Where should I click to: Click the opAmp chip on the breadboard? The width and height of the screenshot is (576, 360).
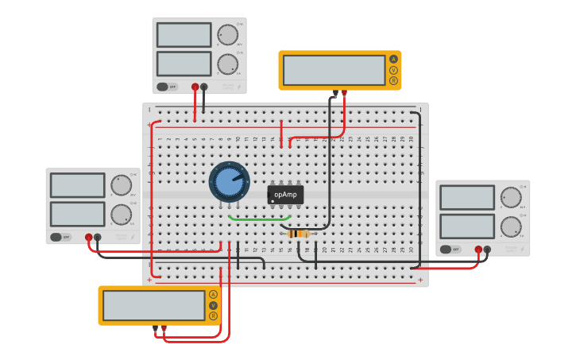tap(285, 194)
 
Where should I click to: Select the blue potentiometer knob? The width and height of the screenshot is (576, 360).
tap(229, 181)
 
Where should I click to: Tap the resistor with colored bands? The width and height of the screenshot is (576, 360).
tap(297, 234)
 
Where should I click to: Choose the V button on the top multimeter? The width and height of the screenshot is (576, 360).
tap(392, 70)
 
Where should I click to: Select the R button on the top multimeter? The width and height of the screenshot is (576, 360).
tap(392, 80)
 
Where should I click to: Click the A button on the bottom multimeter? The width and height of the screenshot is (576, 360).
tap(213, 294)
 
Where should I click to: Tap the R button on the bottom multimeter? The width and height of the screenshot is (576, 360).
tap(213, 315)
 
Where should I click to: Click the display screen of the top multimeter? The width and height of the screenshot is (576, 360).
tap(334, 70)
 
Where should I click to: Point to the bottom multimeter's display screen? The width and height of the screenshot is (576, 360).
tap(154, 305)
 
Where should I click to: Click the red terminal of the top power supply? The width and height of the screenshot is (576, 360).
tap(195, 87)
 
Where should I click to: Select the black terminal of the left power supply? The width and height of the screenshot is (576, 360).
tap(98, 237)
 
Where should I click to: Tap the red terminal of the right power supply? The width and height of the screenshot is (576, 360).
tap(478, 250)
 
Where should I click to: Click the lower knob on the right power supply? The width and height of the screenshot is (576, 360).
tap(510, 226)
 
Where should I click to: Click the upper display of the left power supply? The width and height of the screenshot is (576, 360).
tap(77, 185)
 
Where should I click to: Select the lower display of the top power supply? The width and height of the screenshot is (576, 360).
tap(184, 64)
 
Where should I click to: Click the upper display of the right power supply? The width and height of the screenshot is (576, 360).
tap(466, 197)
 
